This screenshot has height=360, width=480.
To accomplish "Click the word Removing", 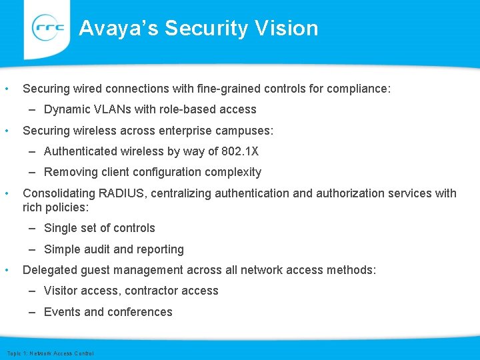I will pos(69,172).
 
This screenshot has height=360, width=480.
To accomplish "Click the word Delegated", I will pos(49,270).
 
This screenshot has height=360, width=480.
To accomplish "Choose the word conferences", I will pos(139,312).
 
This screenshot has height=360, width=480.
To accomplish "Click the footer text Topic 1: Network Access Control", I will pos(50,353).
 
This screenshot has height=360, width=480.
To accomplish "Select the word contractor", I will pos(149,291).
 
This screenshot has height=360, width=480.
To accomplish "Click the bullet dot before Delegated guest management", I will pos(6,270).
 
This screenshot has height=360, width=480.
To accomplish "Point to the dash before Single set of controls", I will pos(33,228).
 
